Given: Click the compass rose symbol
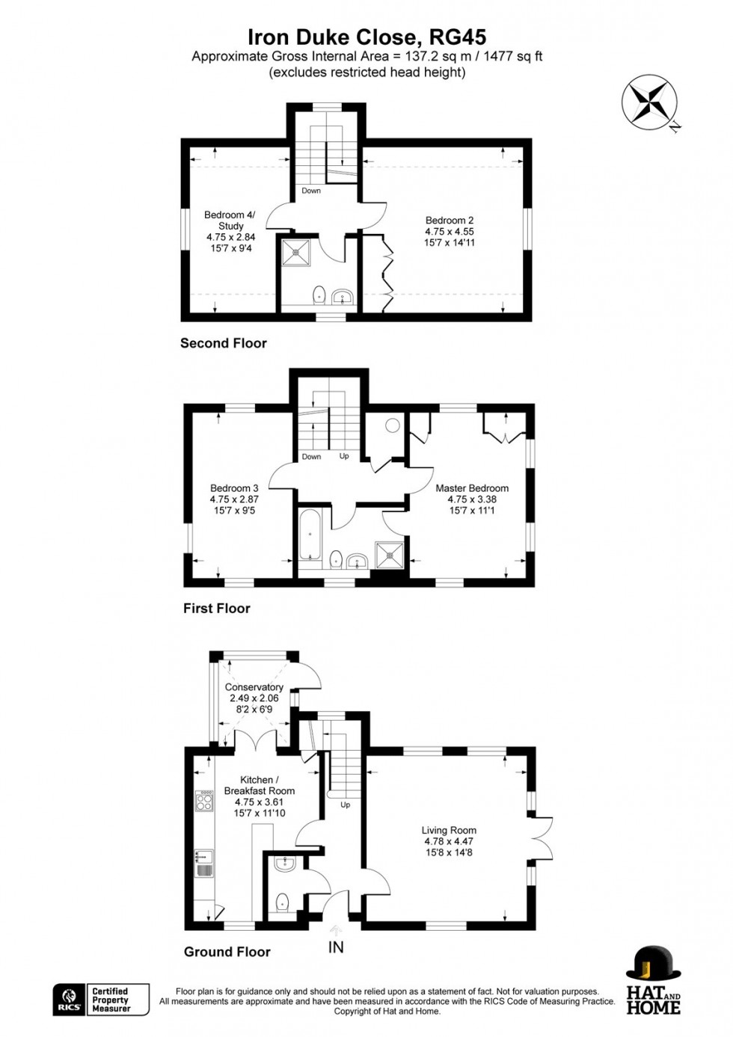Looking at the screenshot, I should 649,104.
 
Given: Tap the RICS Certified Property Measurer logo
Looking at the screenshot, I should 101,1000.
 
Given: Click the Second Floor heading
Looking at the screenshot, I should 223,343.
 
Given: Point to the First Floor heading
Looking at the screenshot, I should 216,609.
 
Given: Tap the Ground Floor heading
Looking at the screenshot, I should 227,952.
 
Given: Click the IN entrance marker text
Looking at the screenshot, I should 337,947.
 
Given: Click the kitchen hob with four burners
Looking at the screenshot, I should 203,801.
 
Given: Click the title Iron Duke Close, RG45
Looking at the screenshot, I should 366,37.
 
